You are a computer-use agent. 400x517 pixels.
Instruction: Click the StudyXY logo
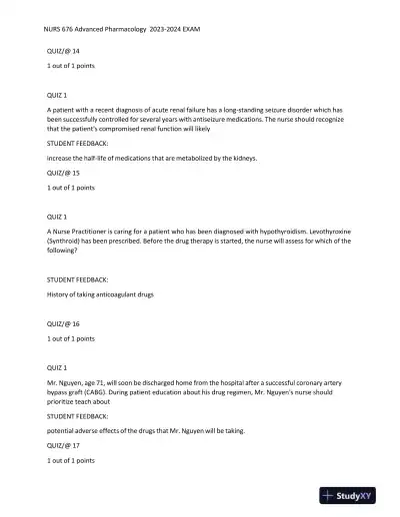(353, 495)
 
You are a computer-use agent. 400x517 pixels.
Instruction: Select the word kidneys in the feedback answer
(242, 158)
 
